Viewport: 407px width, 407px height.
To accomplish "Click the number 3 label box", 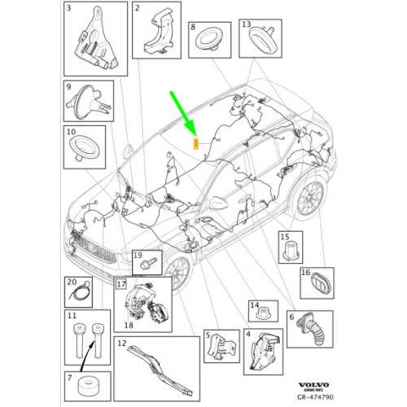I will [x=68, y=8].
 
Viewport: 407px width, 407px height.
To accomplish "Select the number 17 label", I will [x=120, y=284].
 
